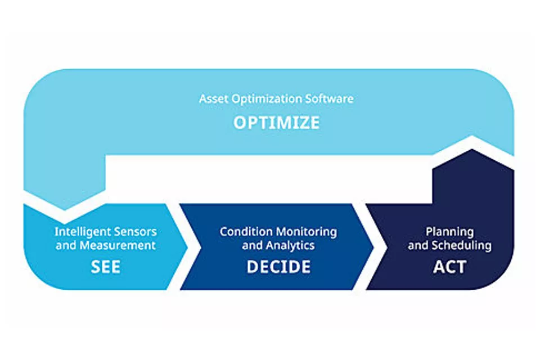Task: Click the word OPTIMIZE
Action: tap(276, 123)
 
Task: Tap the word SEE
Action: tap(106, 267)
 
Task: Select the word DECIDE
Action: tap(278, 267)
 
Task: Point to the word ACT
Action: tap(449, 267)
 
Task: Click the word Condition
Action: tap(244, 232)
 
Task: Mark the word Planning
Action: tap(449, 232)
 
